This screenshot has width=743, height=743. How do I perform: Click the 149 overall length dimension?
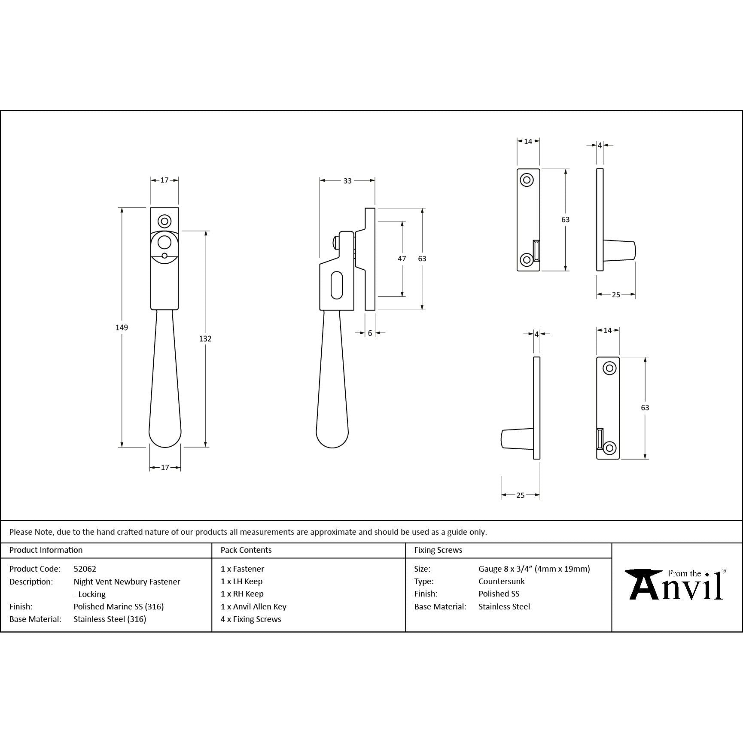(x=122, y=327)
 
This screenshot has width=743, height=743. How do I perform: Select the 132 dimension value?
(x=205, y=338)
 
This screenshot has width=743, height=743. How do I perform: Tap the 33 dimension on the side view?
(x=347, y=181)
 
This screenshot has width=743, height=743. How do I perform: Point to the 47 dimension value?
(x=402, y=259)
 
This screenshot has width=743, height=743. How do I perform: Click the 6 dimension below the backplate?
(x=370, y=333)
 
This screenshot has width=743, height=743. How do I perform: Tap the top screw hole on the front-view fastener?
(x=164, y=221)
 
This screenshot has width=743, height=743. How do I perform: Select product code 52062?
(x=85, y=569)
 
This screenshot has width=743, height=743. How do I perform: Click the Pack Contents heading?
(x=246, y=550)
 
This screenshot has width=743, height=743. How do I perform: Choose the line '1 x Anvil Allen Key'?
(x=253, y=606)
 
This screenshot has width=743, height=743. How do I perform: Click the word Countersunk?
(x=501, y=581)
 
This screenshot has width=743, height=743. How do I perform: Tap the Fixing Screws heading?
(x=438, y=550)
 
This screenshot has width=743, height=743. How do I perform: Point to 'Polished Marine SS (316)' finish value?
(x=119, y=606)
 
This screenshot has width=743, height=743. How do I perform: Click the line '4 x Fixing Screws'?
(x=251, y=619)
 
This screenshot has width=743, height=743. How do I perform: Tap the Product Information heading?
(x=46, y=550)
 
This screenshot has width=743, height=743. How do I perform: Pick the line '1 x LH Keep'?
(x=241, y=581)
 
